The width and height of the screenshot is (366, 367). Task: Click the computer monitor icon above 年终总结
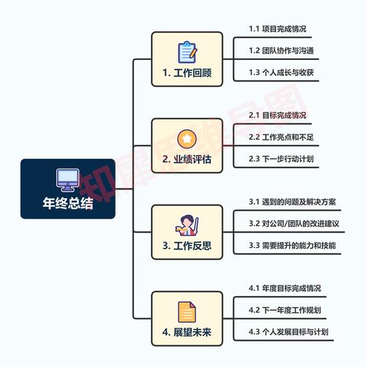tap(67, 180)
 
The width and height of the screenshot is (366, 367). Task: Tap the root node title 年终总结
tap(68, 203)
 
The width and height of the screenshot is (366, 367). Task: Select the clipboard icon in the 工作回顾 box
tap(187, 53)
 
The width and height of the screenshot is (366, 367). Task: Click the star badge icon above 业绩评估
tap(187, 139)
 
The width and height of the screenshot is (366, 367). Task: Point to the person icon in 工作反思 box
tap(187, 225)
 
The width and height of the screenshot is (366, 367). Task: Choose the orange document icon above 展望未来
tap(187, 312)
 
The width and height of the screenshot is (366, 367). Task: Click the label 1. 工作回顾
tap(187, 72)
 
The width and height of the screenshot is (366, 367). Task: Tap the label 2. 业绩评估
tap(187, 159)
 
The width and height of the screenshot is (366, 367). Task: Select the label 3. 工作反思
tap(187, 246)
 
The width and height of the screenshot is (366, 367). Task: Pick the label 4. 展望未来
tap(187, 332)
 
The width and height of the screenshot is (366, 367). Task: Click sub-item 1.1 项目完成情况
tap(277, 29)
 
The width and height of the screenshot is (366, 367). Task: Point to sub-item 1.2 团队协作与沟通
tap(281, 50)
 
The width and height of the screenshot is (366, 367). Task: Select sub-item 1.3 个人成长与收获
tap(281, 72)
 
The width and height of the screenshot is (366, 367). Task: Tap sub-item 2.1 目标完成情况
tap(277, 115)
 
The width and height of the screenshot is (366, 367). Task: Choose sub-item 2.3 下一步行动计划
tap(281, 159)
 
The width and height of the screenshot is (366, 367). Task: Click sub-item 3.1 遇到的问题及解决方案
tap(292, 202)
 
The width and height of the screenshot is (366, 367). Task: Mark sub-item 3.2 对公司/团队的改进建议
tap(294, 223)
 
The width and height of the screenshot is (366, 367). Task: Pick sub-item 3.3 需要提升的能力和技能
tap(292, 245)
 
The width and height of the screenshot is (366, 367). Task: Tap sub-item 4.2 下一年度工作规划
tap(285, 310)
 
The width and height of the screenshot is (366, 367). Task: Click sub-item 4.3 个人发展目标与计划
tap(288, 331)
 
